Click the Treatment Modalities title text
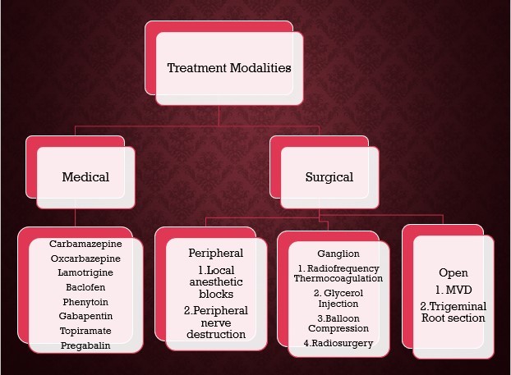(229, 68)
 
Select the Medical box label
(85, 177)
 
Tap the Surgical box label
(329, 177)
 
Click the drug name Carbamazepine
(85, 244)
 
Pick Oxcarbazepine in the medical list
(85, 258)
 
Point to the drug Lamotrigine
(85, 272)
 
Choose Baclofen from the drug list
(85, 287)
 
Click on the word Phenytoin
(85, 302)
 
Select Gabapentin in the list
(85, 316)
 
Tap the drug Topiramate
(85, 331)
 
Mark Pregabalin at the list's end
(85, 345)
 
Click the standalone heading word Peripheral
(216, 254)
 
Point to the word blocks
(216, 294)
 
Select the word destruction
(216, 334)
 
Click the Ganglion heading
(338, 254)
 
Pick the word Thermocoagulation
(338, 278)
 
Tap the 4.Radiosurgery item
(338, 343)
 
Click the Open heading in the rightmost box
(453, 272)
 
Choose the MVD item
(453, 290)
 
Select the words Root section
(453, 318)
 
